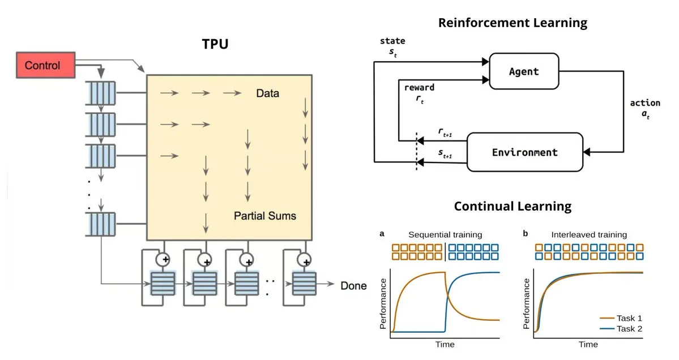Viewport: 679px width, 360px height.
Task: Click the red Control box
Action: [45, 65]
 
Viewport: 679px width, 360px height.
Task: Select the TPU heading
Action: [215, 44]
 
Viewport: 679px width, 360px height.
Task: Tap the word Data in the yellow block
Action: [268, 93]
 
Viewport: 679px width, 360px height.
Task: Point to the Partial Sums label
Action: [265, 216]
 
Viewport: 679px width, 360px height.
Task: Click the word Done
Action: [353, 286]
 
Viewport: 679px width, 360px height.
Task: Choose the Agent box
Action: [524, 71]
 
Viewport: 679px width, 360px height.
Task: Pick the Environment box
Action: [525, 152]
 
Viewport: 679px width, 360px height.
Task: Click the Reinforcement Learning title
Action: [513, 23]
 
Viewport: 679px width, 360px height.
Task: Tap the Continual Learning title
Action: [513, 206]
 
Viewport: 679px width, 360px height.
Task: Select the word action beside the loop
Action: [645, 103]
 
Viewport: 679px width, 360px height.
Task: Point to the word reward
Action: [419, 87]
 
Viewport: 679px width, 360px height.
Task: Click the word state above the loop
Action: [392, 41]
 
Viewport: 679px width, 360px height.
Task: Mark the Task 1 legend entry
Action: [621, 318]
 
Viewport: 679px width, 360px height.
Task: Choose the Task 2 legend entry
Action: [621, 329]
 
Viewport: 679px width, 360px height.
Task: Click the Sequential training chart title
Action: [445, 234]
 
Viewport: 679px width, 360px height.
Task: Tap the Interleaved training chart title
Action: [589, 234]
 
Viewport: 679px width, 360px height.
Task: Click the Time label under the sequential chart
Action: [445, 344]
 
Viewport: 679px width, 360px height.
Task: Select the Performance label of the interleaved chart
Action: [526, 304]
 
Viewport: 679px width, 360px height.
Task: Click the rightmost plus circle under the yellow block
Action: [305, 260]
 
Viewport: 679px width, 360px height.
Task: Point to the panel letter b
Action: [526, 234]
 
